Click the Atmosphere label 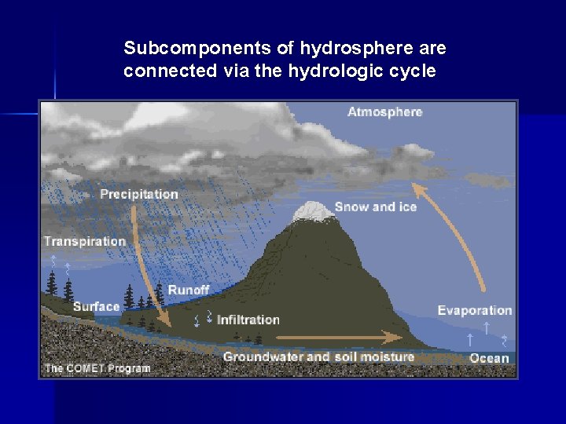pos(384,112)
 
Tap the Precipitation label pos(138,194)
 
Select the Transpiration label pos(84,241)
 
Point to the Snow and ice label pos(375,207)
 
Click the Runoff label pos(188,291)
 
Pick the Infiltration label pos(248,320)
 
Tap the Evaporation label pos(474,310)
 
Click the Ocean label pos(489,358)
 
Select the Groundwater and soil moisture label pos(318,357)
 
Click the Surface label pos(96,307)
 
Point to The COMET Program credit pos(97,367)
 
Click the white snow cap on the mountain pos(312,210)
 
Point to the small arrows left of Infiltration pos(203,319)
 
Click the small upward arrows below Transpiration pos(61,264)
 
